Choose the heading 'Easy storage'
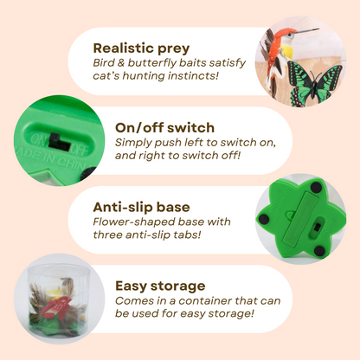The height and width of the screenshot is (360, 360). tap(160, 285)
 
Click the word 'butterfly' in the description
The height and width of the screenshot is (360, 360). tap(145, 64)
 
